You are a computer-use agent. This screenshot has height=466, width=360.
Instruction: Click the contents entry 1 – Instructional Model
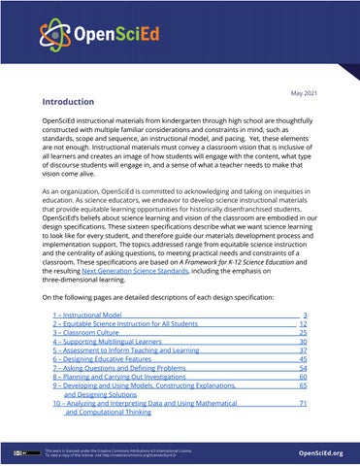(x=88, y=316)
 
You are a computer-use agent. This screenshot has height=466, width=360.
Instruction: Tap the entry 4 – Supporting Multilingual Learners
(x=107, y=342)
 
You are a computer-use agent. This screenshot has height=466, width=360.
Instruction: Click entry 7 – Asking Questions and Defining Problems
(x=120, y=369)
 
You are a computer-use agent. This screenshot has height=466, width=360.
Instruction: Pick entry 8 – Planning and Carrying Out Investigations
(x=123, y=379)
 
